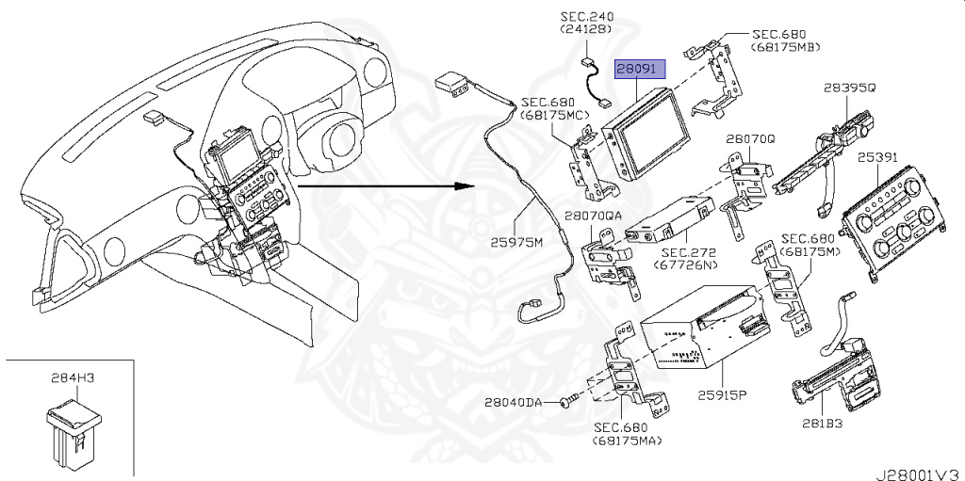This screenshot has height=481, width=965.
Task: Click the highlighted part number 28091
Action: pyautogui.click(x=640, y=70)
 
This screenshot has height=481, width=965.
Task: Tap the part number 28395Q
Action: pyautogui.click(x=849, y=88)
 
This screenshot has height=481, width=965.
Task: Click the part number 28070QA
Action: pyautogui.click(x=593, y=216)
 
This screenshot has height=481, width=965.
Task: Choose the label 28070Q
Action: pyautogui.click(x=750, y=138)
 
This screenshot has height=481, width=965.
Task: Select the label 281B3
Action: pyautogui.click(x=831, y=423)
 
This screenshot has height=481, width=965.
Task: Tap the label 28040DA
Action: pyautogui.click(x=514, y=403)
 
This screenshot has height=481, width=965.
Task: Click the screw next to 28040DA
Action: pyautogui.click(x=564, y=402)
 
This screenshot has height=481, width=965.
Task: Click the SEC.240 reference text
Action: pyautogui.click(x=586, y=16)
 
